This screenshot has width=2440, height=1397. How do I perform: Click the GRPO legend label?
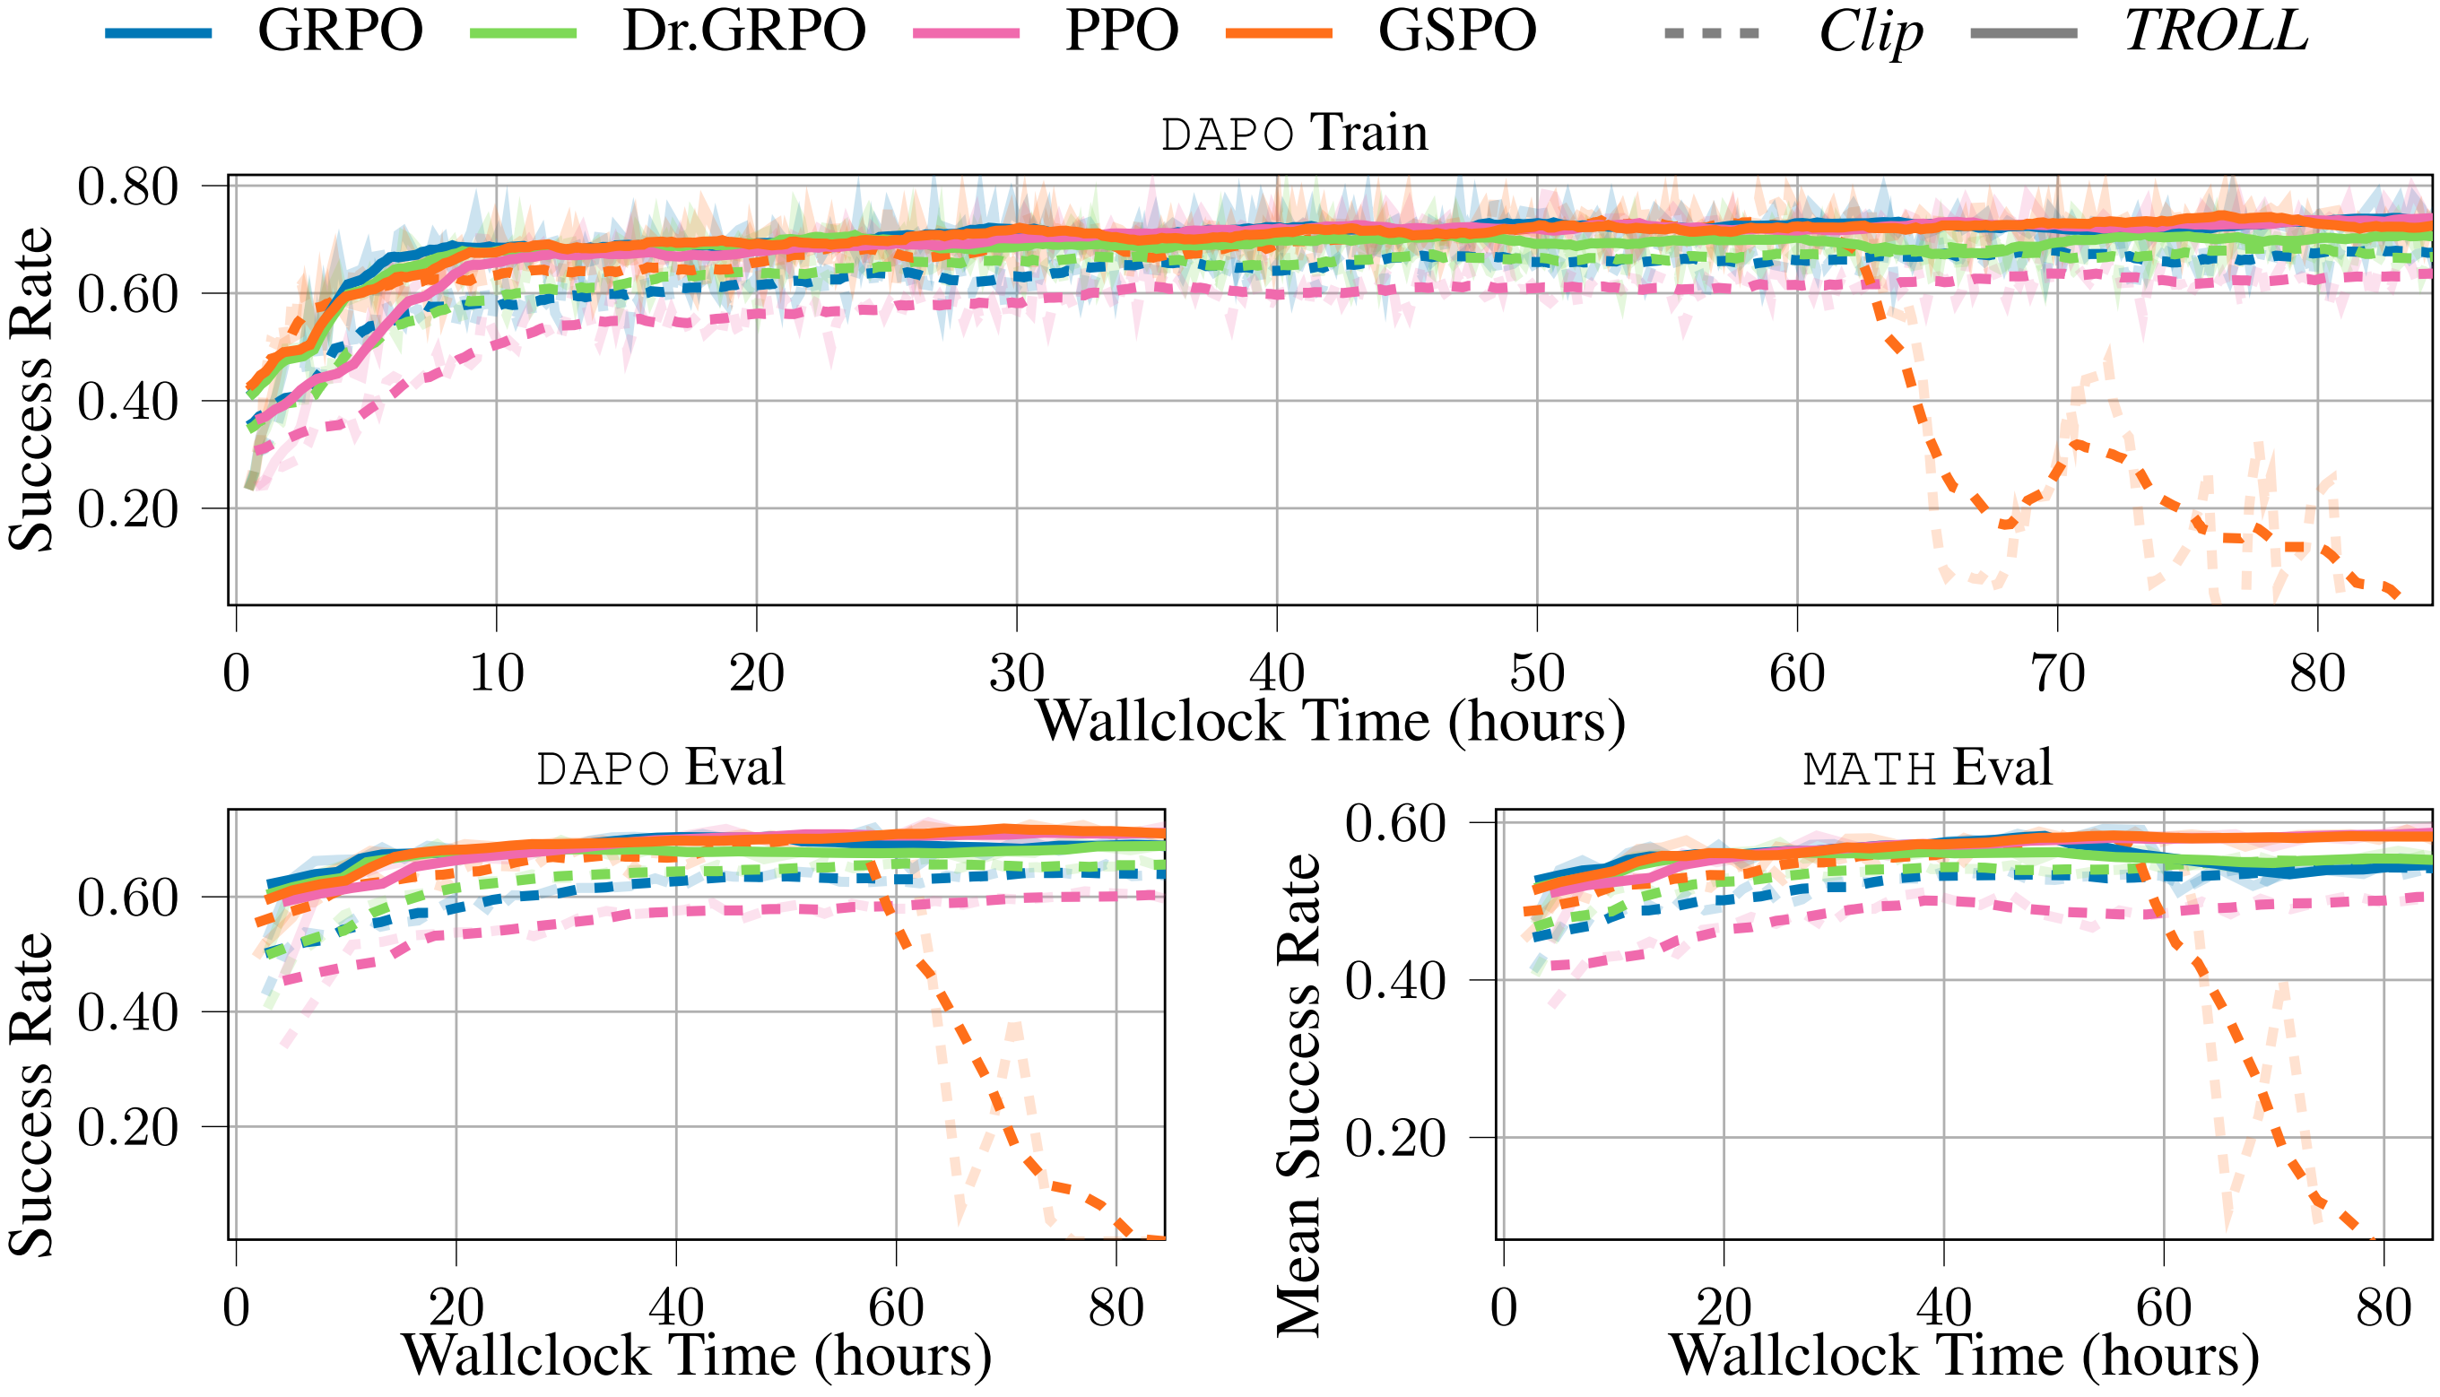[340, 30]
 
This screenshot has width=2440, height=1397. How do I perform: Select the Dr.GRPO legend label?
[743, 30]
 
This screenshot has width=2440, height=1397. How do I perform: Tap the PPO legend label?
[1121, 30]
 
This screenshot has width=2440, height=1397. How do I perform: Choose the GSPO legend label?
[1456, 30]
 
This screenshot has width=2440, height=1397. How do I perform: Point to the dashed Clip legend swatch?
[1712, 32]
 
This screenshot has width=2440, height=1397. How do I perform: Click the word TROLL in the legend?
[2216, 30]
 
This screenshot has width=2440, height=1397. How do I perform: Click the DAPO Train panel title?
[1293, 133]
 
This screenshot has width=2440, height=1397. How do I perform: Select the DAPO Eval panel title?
[660, 768]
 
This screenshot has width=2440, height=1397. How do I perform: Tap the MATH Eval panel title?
[1927, 768]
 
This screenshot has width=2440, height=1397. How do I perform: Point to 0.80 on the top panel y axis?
[127, 187]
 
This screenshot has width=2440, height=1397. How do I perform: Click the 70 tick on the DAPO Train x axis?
[2057, 673]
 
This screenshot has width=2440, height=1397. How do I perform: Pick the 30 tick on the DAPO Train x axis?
[1016, 673]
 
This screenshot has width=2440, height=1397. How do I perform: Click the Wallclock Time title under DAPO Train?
[1330, 722]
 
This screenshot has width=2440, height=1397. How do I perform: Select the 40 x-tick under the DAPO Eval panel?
[676, 1306]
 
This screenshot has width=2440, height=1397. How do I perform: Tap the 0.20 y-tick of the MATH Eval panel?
[1394, 1139]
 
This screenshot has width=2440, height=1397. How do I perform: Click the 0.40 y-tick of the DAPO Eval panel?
[127, 1012]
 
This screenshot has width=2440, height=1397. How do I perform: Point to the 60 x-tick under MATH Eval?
[2164, 1306]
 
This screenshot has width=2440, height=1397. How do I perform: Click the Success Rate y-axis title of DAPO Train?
[30, 388]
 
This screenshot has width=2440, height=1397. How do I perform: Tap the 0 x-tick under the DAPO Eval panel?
[236, 1306]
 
